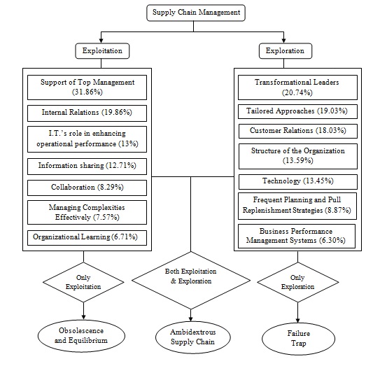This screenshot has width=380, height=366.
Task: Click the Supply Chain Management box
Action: click(196, 13)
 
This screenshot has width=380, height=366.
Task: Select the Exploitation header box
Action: click(102, 51)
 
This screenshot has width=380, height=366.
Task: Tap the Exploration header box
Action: click(286, 51)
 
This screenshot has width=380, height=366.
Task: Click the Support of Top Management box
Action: click(87, 87)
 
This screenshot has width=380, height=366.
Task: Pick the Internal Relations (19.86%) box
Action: click(87, 113)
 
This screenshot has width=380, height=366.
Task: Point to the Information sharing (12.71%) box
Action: click(87, 167)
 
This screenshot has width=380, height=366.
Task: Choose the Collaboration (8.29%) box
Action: click(87, 188)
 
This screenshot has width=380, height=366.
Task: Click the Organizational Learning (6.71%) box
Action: click(87, 238)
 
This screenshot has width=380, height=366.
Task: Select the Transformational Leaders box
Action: click(297, 87)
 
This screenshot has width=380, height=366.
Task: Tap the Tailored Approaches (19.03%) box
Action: click(297, 111)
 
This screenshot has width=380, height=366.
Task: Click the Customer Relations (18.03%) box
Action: click(298, 131)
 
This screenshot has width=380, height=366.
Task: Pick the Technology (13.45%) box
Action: click(298, 182)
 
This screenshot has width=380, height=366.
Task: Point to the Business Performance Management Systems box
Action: click(297, 236)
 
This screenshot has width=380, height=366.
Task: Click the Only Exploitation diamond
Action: click(83, 282)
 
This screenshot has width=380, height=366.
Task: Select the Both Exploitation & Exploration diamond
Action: click(191, 281)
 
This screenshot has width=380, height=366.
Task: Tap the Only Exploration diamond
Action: click(298, 282)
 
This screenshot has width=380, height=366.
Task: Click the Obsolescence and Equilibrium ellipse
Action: click(81, 336)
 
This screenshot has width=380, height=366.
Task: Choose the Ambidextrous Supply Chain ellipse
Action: click(193, 337)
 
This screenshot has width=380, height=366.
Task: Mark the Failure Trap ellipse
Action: click(299, 339)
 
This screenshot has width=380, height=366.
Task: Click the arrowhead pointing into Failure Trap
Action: click(298, 321)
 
